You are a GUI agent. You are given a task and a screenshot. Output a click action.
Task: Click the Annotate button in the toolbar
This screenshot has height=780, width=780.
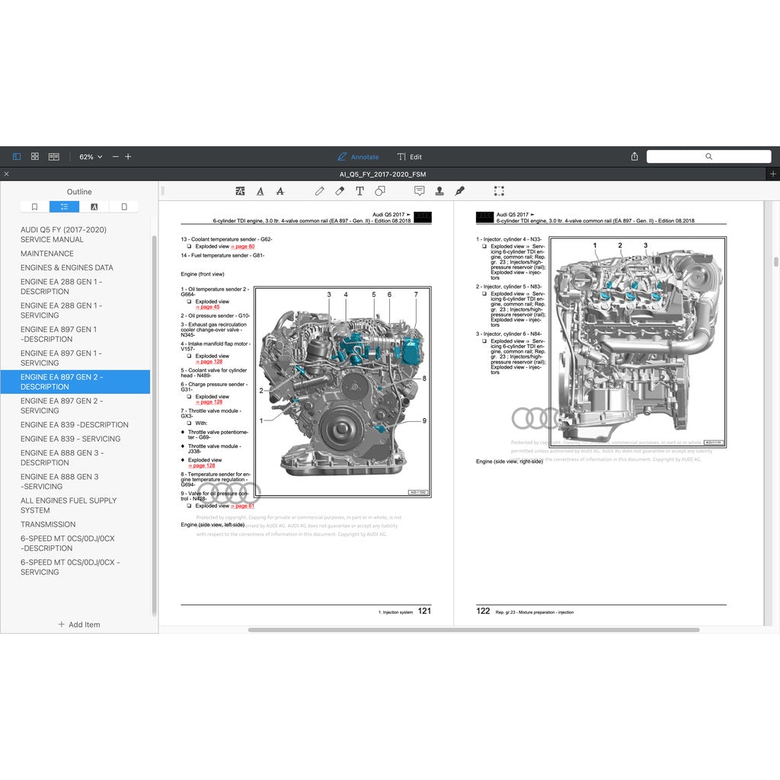pos(358,157)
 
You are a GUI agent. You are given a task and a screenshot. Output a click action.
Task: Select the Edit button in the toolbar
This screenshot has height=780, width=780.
pos(410,157)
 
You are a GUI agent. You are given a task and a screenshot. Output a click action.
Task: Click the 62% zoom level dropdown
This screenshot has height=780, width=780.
pos(91,157)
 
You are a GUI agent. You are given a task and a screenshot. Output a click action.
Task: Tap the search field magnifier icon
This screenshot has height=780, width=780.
pos(708,156)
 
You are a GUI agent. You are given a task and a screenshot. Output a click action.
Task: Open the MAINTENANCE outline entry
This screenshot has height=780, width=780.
pos(47,254)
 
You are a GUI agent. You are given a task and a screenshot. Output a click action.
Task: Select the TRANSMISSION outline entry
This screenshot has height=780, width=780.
pos(48,524)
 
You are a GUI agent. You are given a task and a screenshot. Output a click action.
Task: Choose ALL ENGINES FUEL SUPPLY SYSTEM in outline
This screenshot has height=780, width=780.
pos(69,505)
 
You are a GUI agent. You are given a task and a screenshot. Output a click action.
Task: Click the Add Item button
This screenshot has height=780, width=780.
pos(79,625)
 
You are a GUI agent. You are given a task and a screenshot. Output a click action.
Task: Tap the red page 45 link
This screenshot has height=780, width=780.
pos(207,307)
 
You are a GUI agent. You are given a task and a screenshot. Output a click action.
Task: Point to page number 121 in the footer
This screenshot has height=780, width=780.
pos(424,611)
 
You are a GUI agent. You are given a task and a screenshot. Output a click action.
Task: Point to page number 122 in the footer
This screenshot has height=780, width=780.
pos(483,611)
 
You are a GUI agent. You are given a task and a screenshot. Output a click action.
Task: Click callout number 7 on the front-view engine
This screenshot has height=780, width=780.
pos(416,294)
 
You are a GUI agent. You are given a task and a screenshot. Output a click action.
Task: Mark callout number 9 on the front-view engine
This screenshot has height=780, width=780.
pos(424,420)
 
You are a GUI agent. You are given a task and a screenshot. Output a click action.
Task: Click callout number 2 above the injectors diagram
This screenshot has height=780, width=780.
pos(620,245)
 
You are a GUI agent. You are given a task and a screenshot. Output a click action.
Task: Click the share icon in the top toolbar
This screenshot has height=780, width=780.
pos(635,157)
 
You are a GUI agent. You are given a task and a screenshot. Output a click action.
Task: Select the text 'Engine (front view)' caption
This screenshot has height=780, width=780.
pos(203,273)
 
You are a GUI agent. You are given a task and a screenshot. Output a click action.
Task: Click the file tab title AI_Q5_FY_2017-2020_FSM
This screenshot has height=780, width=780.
pos(382,174)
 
